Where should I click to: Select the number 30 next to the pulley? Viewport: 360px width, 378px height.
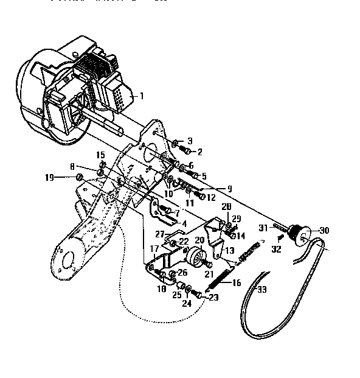tap(324, 231)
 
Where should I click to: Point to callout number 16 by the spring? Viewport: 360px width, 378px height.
tap(237, 283)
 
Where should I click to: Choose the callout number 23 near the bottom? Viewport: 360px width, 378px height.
tap(214, 298)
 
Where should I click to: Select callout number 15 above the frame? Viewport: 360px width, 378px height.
tap(101, 155)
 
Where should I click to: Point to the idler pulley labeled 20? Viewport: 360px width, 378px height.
tap(196, 258)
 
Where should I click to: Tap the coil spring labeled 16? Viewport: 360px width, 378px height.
tap(226, 278)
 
